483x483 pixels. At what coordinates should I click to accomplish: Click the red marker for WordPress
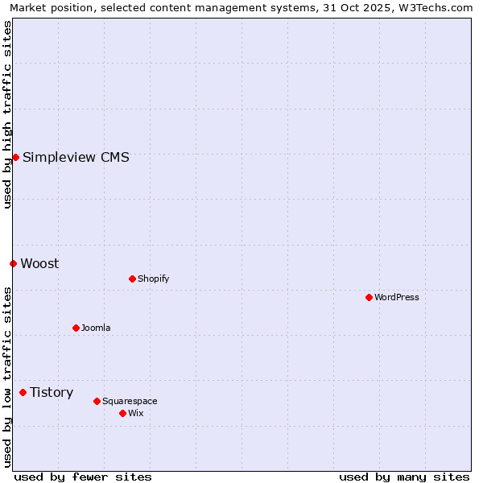coord(369,297)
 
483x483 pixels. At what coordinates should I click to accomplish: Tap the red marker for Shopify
coord(132,279)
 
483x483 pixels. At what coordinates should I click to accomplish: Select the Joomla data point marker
coord(76,328)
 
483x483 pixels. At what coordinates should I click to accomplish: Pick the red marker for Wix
coord(122,413)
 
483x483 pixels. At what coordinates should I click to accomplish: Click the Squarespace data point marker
coord(97,401)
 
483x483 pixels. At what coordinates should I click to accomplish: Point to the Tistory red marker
coord(23,392)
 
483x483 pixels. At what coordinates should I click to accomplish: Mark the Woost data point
coord(13,263)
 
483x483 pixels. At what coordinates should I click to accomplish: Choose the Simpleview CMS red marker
coord(15,157)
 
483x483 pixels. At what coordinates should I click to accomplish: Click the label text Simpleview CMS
coord(76,157)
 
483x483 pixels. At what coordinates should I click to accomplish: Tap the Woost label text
coord(39,263)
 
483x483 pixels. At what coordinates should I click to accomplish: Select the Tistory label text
coord(52,392)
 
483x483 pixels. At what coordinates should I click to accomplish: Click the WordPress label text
coord(397,297)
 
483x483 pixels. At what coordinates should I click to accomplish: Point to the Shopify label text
coord(153,279)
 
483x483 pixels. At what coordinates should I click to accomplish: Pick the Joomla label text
coord(96,328)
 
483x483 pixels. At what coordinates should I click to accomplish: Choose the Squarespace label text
coord(130,401)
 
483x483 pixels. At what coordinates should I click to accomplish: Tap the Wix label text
coord(135,413)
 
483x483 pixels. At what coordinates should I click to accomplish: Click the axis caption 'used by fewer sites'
coord(83,477)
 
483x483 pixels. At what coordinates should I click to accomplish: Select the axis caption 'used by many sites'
coord(404,477)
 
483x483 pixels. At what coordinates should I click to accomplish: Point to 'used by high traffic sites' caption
coord(7,114)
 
